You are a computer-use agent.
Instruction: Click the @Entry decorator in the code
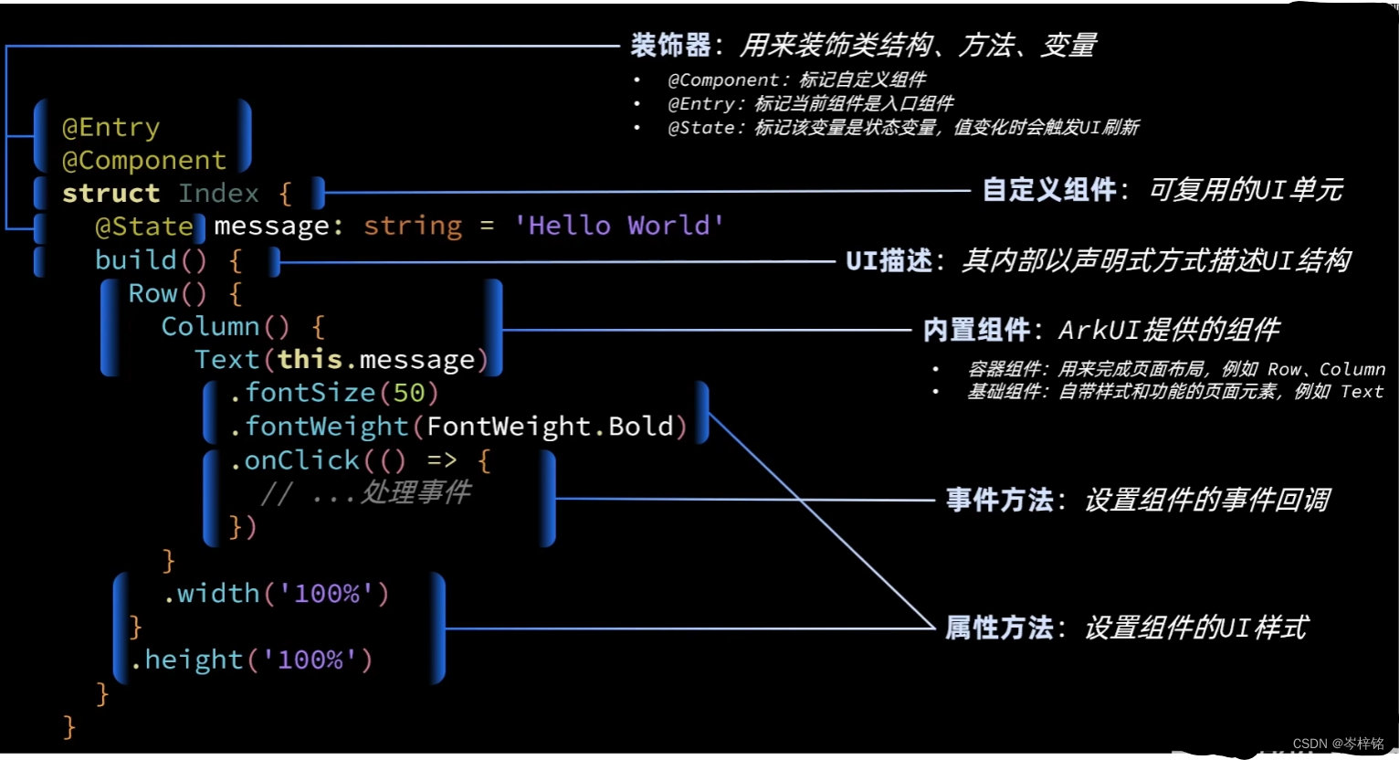pyautogui.click(x=110, y=127)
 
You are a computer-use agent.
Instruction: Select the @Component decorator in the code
pyautogui.click(x=143, y=161)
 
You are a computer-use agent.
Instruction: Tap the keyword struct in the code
pyautogui.click(x=110, y=194)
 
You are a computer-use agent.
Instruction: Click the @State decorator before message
pyautogui.click(x=143, y=227)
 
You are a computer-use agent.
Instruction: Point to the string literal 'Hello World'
pyautogui.click(x=619, y=226)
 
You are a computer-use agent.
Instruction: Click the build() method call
pyautogui.click(x=151, y=260)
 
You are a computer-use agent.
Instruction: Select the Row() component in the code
pyautogui.click(x=167, y=294)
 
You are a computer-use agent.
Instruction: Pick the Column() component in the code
pyautogui.click(x=225, y=327)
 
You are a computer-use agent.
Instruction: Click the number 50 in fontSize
pyautogui.click(x=408, y=393)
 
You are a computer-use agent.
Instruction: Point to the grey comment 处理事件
pyautogui.click(x=415, y=493)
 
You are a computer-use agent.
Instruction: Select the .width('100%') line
pyautogui.click(x=277, y=594)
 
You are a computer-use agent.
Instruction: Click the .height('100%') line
pyautogui.click(x=251, y=660)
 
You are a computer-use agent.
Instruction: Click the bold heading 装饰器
pyautogui.click(x=670, y=45)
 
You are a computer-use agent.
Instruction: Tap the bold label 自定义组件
pyautogui.click(x=1049, y=190)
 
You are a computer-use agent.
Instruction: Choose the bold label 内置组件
pyautogui.click(x=976, y=330)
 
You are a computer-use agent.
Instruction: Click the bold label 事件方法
pyautogui.click(x=999, y=501)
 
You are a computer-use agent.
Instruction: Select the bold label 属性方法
pyautogui.click(x=999, y=628)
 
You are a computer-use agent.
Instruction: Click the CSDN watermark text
pyautogui.click(x=1338, y=744)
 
